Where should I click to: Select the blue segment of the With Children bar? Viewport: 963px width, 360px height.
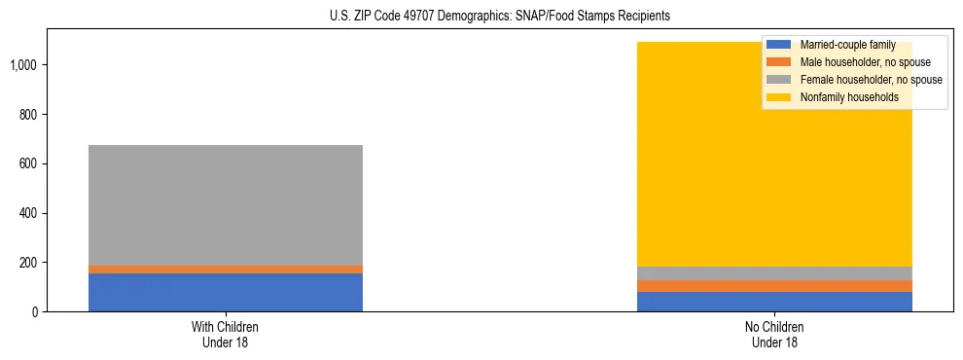(x=226, y=292)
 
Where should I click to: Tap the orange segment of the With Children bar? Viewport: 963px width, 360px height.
(x=226, y=270)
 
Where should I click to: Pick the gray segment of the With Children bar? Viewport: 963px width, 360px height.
(x=226, y=204)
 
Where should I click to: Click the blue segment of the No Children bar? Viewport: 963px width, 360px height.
(x=774, y=302)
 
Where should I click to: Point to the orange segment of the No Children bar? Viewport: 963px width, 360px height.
(x=774, y=286)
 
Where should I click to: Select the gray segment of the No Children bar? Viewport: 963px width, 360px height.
(x=774, y=273)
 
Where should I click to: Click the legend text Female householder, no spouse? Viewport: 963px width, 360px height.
(x=871, y=80)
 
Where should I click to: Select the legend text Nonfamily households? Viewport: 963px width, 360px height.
(x=849, y=97)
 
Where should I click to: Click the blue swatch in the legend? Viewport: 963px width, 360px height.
(x=779, y=45)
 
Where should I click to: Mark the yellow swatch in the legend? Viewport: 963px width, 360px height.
(x=779, y=97)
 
